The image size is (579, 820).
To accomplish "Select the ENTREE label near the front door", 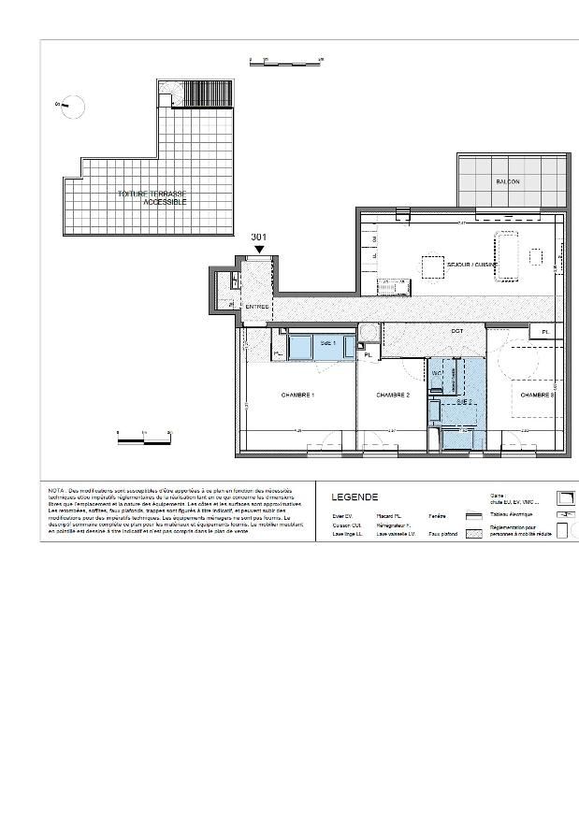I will coord(257,307).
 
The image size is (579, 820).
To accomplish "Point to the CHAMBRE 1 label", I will coord(297,395).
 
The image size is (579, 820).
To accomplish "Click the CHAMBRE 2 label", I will coord(393,395).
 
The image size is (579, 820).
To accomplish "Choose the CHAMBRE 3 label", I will coord(538,395).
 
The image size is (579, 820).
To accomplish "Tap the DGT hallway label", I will coord(457,331).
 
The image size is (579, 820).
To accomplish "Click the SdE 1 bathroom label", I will coord(326,343).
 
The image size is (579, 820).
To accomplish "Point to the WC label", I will coord(436,372).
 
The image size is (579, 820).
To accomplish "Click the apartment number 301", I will coord(259,237).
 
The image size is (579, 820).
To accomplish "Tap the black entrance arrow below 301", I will coord(259,250).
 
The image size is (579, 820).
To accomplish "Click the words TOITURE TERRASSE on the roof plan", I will coord(152,194).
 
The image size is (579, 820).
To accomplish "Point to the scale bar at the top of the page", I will coord(285,61).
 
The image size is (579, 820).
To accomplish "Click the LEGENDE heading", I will coord(355,496).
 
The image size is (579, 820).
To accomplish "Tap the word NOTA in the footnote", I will coord(58,490).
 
